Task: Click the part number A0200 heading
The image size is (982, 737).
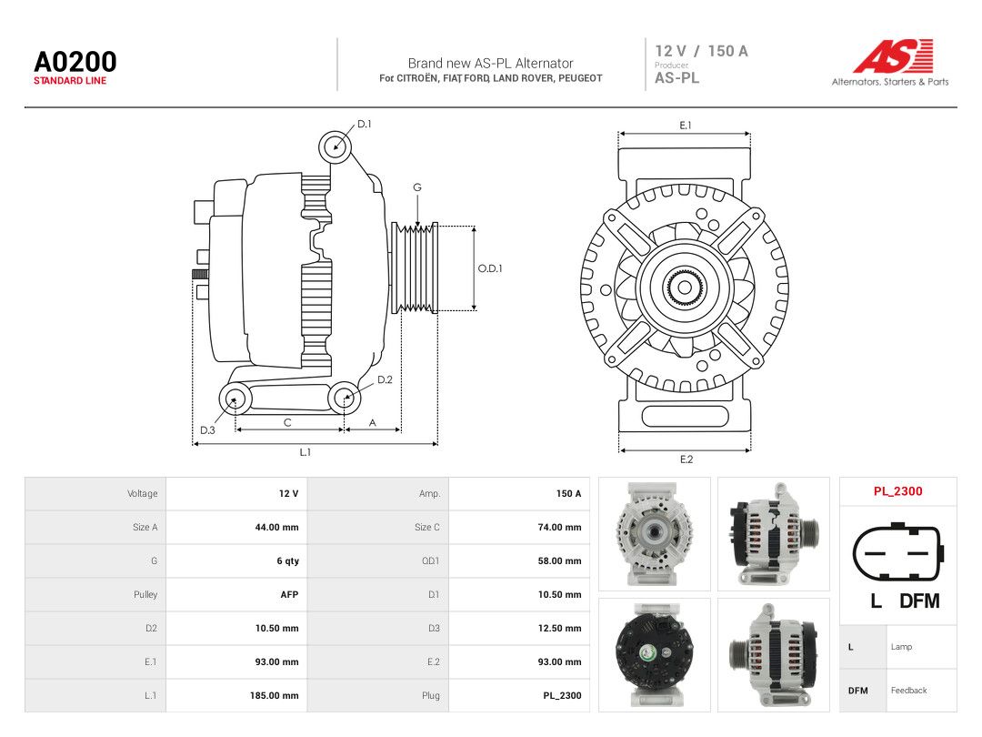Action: [x=75, y=62]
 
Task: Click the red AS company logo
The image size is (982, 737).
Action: [x=893, y=56]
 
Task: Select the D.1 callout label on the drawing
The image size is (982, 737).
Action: [x=364, y=124]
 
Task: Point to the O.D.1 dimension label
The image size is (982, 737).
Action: [x=490, y=268]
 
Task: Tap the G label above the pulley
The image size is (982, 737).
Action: [x=417, y=187]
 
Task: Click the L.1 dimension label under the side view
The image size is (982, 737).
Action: [x=305, y=452]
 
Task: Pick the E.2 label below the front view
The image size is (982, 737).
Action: [x=686, y=459]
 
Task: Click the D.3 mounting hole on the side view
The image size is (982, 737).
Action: [x=235, y=399]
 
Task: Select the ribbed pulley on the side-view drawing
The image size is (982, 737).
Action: [x=415, y=268]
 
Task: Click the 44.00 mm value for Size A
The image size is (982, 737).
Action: [x=276, y=528]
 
